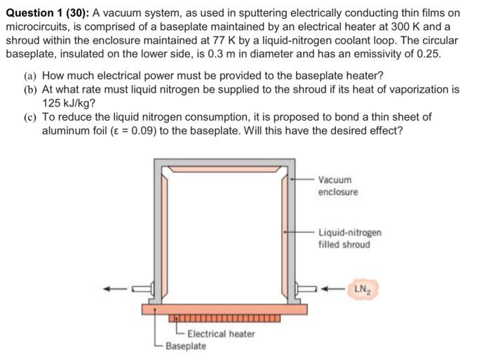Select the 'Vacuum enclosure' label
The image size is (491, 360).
(x=337, y=186)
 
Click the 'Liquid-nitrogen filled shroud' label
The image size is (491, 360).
(x=349, y=239)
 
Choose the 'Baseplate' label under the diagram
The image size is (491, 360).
(x=186, y=346)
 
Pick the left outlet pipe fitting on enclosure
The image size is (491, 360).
(x=146, y=288)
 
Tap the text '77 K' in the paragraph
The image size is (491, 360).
(x=229, y=40)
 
